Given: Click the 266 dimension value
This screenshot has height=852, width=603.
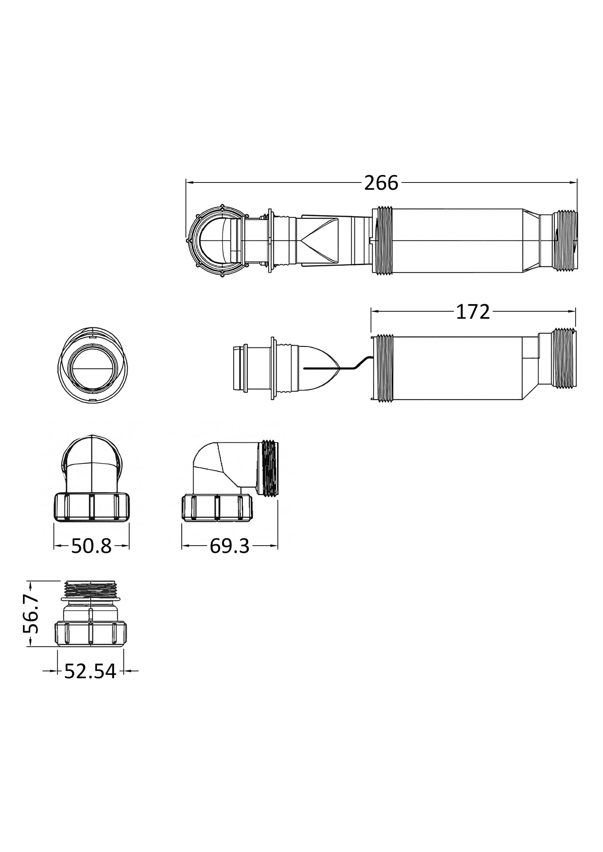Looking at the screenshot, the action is pos(381,183).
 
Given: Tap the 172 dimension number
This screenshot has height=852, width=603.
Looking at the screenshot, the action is pos(473,312).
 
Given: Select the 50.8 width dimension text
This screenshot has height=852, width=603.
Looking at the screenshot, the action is pos(92,546).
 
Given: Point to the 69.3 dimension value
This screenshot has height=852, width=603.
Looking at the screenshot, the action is pos(229,546).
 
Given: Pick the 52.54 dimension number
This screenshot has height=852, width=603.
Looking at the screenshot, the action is pos(90,671).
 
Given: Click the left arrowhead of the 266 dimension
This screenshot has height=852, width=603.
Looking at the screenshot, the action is pos(189,182).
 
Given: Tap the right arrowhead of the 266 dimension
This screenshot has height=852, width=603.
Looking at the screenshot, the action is pos(573,182).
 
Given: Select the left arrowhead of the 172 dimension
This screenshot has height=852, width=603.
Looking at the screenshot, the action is pos(375,312).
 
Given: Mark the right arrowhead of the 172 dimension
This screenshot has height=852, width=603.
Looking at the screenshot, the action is pos(571,312).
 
